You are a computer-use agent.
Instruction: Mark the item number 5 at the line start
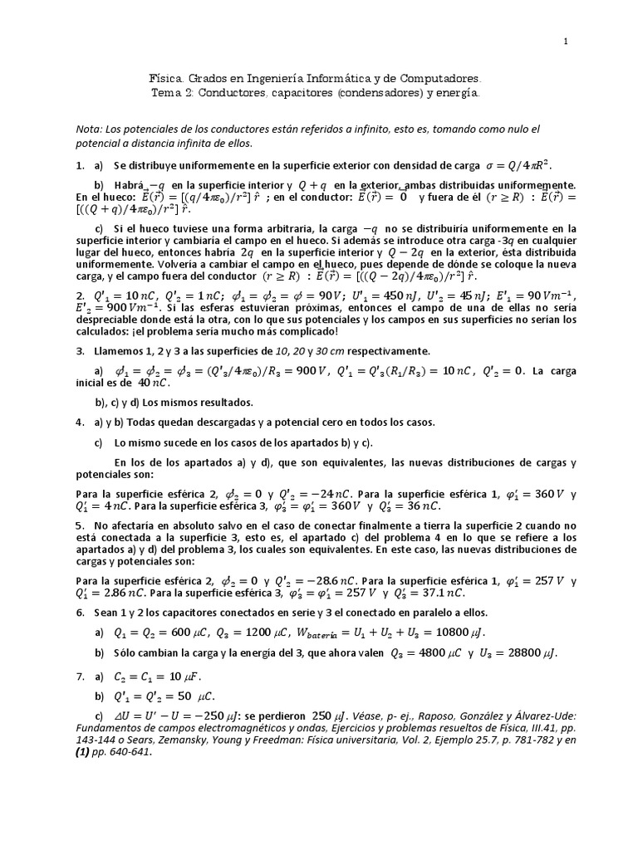79,525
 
